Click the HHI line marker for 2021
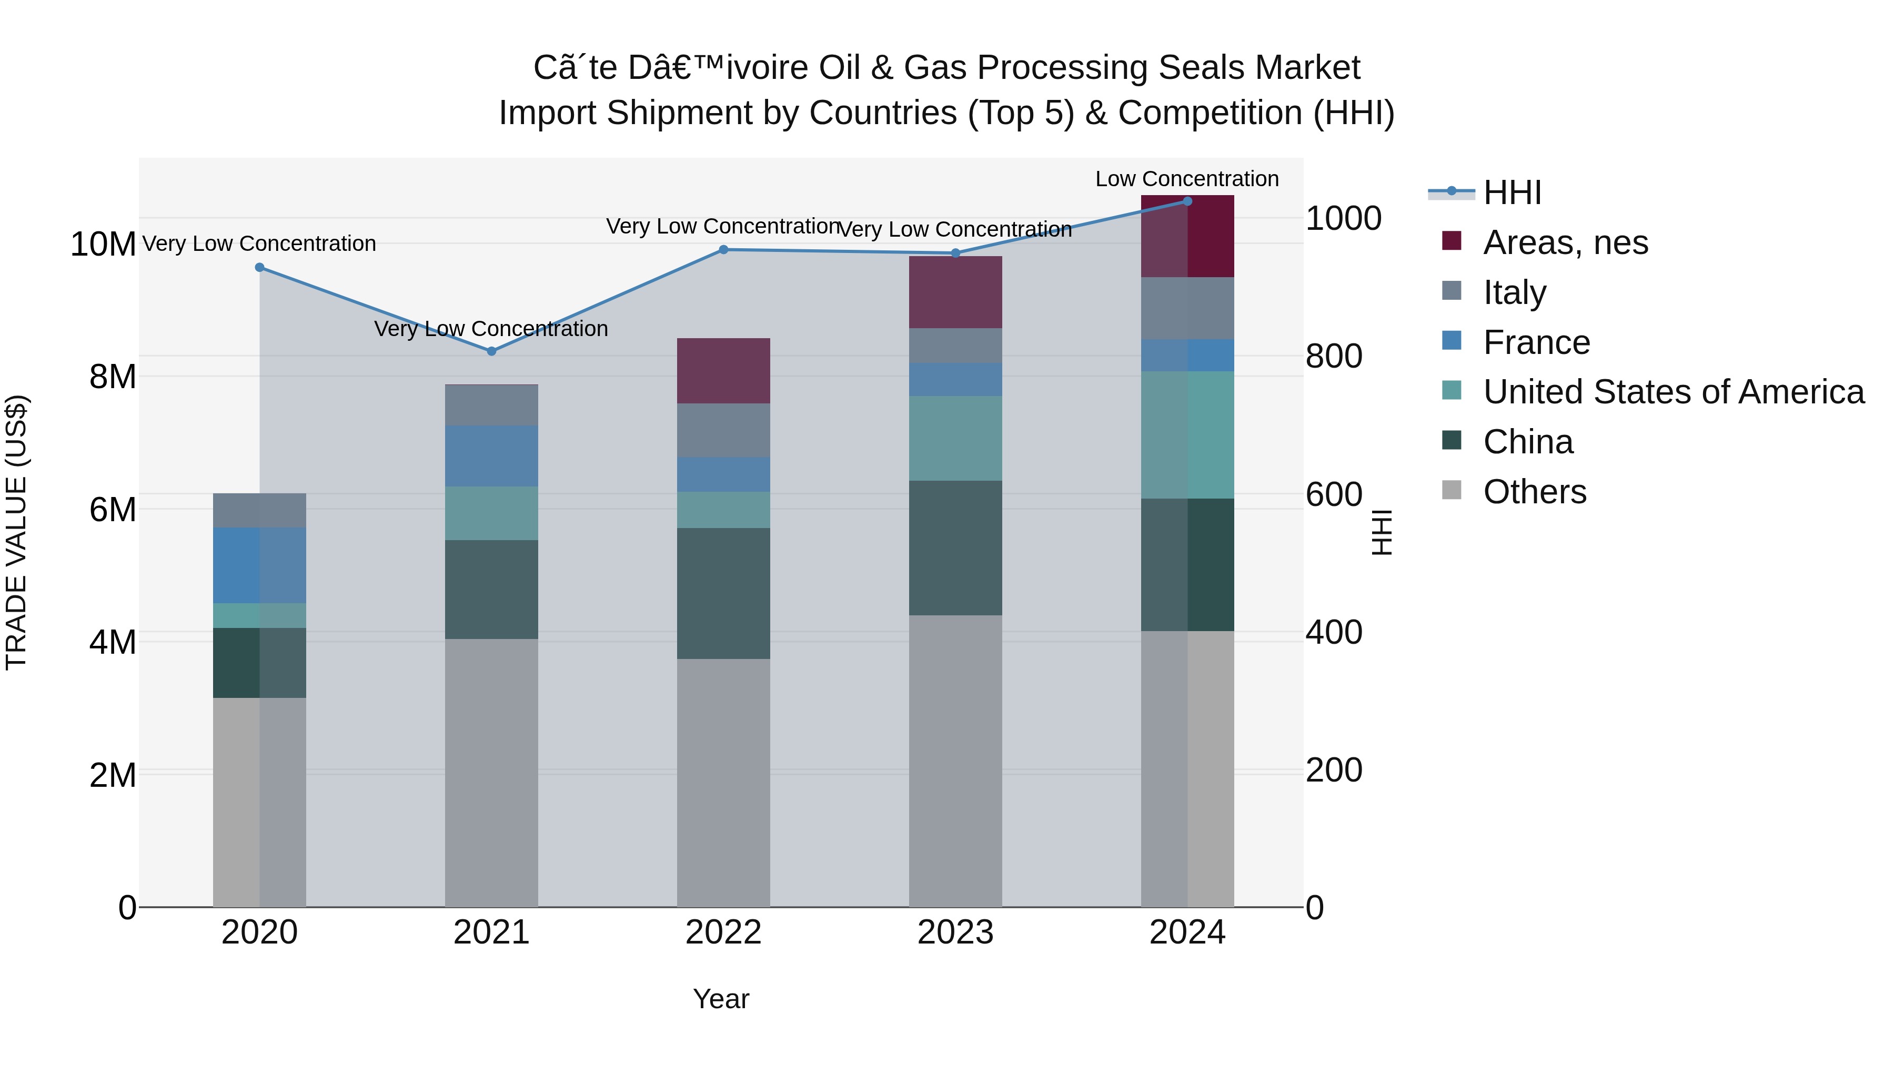pyautogui.click(x=491, y=351)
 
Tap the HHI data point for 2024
pyautogui.click(x=1187, y=201)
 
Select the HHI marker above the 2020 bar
pyautogui.click(x=259, y=268)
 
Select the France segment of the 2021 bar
pyautogui.click(x=491, y=455)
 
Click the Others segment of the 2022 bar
pyautogui.click(x=723, y=782)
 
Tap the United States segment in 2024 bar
pyautogui.click(x=1187, y=435)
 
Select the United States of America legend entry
pyautogui.click(x=1673, y=392)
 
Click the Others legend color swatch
pyautogui.click(x=1452, y=490)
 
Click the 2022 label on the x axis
pyautogui.click(x=723, y=932)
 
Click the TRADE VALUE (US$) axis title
pyautogui.click(x=16, y=532)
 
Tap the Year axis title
pyautogui.click(x=721, y=999)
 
